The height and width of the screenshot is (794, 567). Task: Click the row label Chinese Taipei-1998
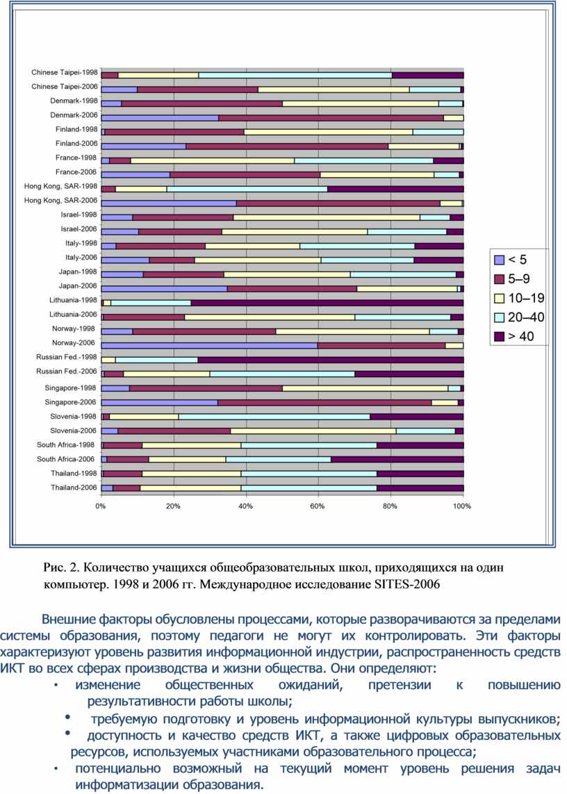65,72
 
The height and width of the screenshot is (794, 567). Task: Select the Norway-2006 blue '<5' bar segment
209,346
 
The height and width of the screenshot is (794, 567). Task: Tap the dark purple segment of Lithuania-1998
327,303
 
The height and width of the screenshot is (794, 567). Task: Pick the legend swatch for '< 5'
499,260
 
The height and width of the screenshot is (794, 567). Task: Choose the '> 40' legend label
521,337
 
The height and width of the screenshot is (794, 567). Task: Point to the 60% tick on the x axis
318,506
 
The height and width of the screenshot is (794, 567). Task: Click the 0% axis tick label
101,506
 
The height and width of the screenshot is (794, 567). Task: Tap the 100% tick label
462,506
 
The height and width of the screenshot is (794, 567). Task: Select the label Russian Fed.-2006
67,372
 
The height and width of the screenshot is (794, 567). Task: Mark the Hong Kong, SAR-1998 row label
61,186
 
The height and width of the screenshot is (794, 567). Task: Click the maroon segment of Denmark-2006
331,118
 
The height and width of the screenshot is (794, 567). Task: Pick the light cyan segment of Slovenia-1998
274,417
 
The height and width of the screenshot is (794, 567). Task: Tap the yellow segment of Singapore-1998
365,388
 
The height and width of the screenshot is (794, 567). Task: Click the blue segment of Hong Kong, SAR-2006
169,204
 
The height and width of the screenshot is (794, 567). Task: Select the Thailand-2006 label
74,488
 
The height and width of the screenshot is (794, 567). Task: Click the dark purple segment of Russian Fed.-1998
331,360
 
